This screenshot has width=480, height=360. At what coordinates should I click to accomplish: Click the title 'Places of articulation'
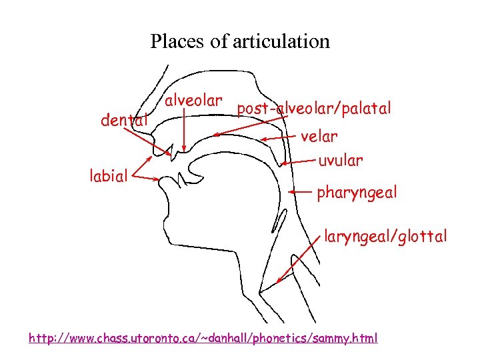pos(240,41)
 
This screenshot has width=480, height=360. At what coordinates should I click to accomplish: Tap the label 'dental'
pos(123,121)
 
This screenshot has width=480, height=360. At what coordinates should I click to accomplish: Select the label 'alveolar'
pos(193,101)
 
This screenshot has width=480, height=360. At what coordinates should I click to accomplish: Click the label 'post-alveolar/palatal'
pos(314,108)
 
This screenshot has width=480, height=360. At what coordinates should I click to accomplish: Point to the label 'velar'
pos(319,137)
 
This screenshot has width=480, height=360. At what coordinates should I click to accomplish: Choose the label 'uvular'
pos(340,161)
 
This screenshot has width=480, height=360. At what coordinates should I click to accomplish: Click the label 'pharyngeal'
pos(357,193)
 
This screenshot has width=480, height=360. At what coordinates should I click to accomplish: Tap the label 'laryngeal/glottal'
pos(385,236)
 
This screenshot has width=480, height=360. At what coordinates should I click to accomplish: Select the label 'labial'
pos(109,176)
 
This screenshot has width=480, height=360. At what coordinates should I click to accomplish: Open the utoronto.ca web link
pos(203,338)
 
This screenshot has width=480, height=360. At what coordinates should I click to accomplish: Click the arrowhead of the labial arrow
pos(158,179)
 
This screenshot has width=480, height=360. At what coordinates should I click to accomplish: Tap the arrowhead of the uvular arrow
pos(283,163)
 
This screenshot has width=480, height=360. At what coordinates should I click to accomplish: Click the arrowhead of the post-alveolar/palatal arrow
pos(215,135)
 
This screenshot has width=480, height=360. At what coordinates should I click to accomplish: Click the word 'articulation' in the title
pos(281,41)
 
